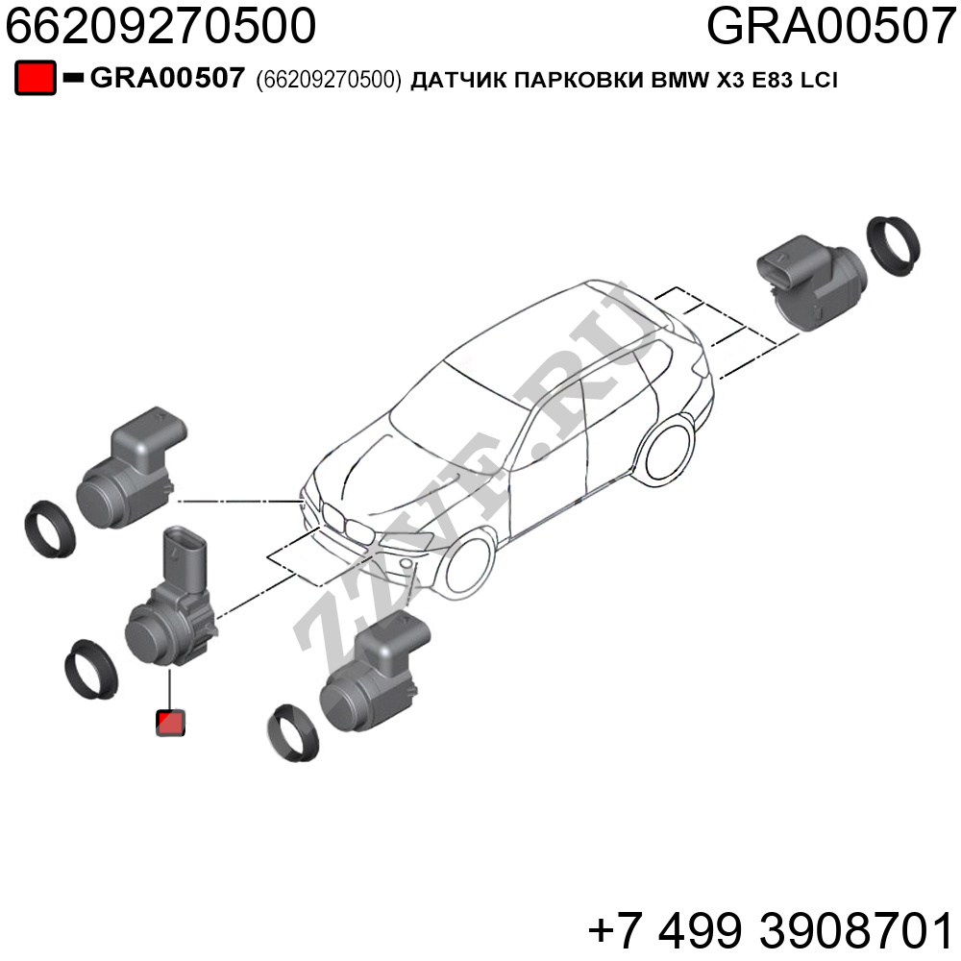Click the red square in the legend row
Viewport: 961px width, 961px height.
[36, 78]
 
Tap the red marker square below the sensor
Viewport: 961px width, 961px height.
[170, 723]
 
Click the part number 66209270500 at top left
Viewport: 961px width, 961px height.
[160, 26]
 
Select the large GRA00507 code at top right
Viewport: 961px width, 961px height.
[831, 26]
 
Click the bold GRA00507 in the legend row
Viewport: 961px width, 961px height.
[167, 79]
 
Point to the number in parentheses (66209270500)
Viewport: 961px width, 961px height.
[329, 80]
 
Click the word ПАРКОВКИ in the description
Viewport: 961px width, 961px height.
[579, 81]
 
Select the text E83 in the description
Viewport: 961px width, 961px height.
[773, 81]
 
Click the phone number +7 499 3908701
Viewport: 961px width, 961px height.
[772, 930]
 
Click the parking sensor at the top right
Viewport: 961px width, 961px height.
[810, 280]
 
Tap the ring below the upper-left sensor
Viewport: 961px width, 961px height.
[49, 529]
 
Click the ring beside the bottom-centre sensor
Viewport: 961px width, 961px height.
[293, 733]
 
